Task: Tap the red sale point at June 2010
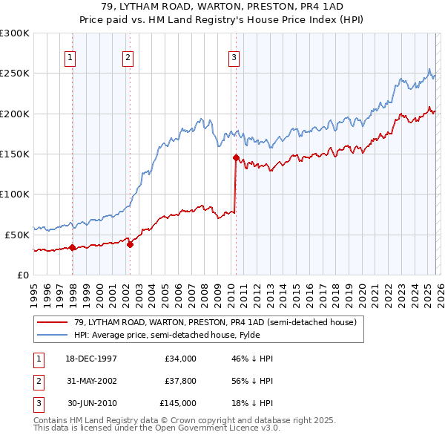(x=236, y=157)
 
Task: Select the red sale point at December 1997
(x=72, y=247)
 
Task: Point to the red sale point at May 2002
(x=130, y=244)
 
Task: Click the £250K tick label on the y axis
(x=15, y=73)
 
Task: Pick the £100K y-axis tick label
(x=15, y=194)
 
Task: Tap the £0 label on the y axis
(x=22, y=275)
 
